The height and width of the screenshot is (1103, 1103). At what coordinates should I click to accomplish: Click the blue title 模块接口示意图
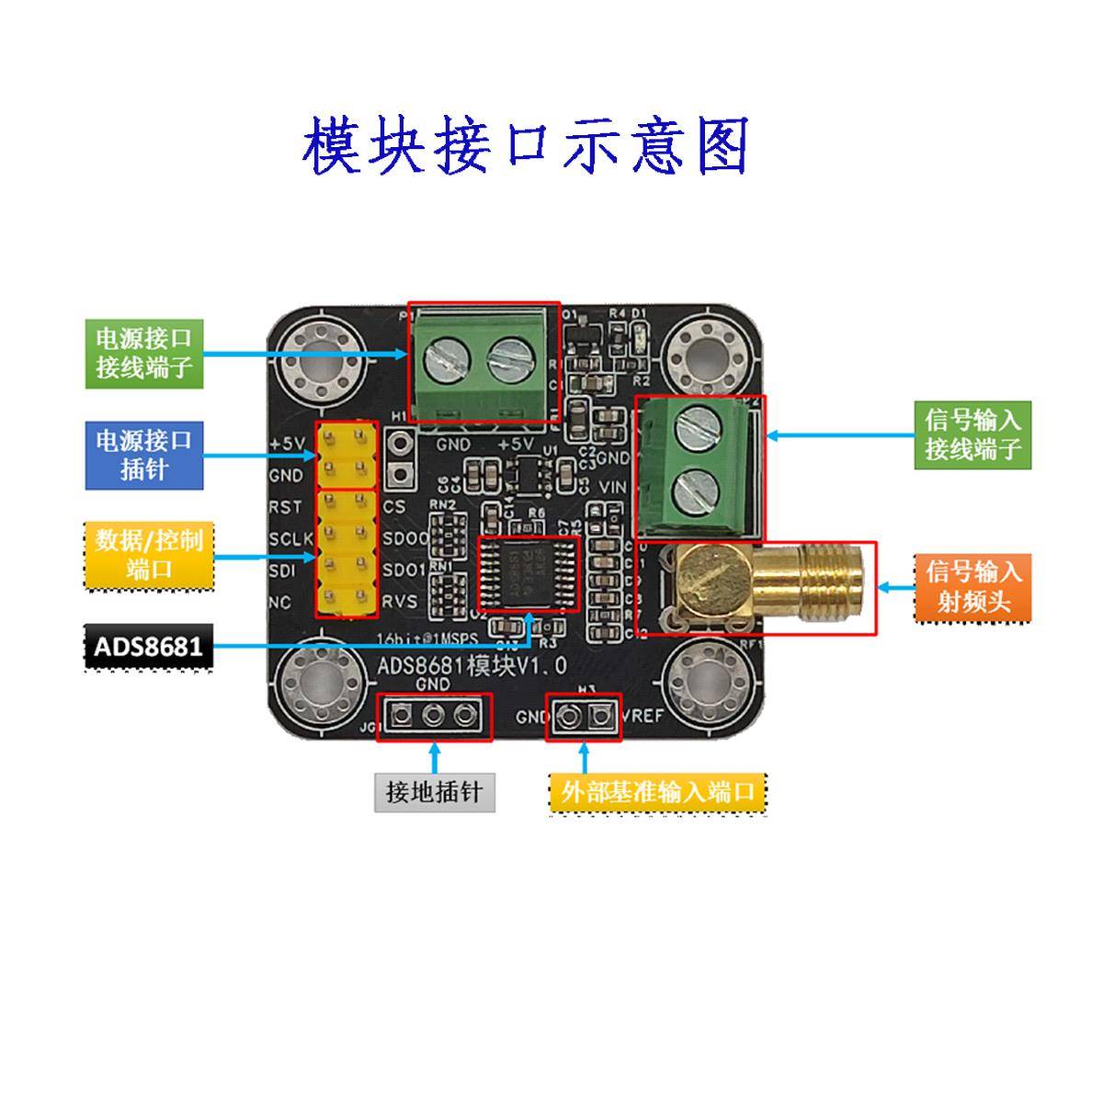(x=526, y=146)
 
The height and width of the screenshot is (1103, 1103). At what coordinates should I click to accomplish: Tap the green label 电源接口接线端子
(x=144, y=353)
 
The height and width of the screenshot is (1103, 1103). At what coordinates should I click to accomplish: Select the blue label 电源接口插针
(x=144, y=454)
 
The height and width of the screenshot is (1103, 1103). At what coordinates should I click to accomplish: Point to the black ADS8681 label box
(x=148, y=646)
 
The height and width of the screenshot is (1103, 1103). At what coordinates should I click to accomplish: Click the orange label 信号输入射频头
(x=972, y=586)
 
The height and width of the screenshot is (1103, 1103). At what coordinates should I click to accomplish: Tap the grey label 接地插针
(x=435, y=791)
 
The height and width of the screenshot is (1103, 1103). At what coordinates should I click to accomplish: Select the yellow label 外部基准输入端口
(x=657, y=792)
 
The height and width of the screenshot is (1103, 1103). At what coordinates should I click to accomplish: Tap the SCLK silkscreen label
(x=290, y=539)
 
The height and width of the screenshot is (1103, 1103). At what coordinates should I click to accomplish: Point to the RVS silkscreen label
(x=400, y=601)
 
